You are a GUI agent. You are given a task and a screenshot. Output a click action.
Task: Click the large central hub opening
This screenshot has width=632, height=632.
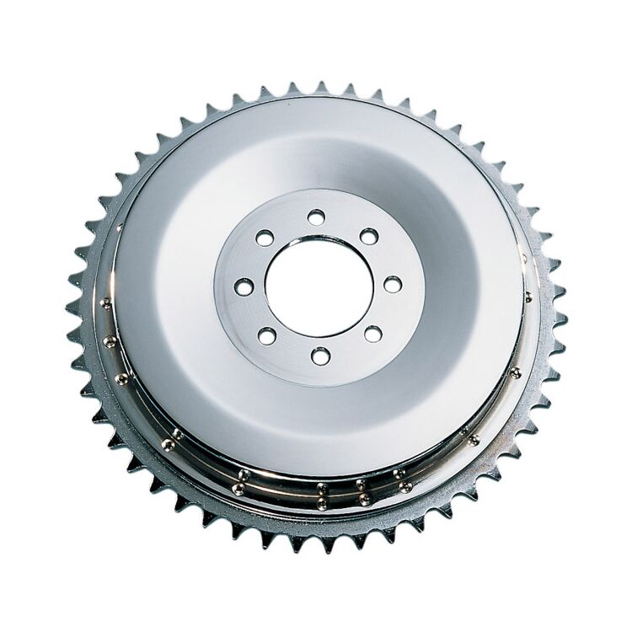tap(319, 287)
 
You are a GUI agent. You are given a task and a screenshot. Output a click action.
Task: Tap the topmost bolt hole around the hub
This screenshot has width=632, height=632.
tap(316, 217)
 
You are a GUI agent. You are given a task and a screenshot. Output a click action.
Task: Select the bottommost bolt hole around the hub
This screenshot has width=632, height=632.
tap(320, 356)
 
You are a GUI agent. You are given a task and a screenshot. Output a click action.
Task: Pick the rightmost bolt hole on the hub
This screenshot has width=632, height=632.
tap(393, 284)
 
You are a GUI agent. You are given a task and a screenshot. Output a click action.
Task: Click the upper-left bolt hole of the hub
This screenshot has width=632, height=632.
tap(265, 238)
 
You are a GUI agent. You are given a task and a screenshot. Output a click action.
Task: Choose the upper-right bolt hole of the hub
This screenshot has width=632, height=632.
tap(369, 237)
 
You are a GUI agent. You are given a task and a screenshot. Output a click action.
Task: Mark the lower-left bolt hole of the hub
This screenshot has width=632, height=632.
tap(267, 335)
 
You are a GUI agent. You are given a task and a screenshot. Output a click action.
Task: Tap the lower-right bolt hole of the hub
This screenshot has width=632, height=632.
tap(372, 334)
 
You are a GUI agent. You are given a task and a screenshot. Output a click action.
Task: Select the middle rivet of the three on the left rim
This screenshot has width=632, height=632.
tap(110, 341)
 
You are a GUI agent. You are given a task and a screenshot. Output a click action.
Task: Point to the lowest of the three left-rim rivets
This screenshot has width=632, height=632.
tap(123, 377)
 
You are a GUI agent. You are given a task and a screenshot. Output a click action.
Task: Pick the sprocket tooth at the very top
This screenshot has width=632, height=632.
tap(320, 87)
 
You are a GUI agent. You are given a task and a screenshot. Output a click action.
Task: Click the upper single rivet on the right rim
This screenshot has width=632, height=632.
tap(528, 296)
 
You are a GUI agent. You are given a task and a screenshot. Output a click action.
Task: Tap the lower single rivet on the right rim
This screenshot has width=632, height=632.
tap(516, 372)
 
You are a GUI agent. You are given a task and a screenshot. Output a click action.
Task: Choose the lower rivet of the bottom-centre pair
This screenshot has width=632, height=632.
tap(321, 503)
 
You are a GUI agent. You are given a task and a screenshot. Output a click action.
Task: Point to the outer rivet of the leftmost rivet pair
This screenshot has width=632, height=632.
tap(169, 445)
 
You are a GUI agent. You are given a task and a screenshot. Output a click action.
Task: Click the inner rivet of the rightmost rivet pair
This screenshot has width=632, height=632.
tap(463, 431)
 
